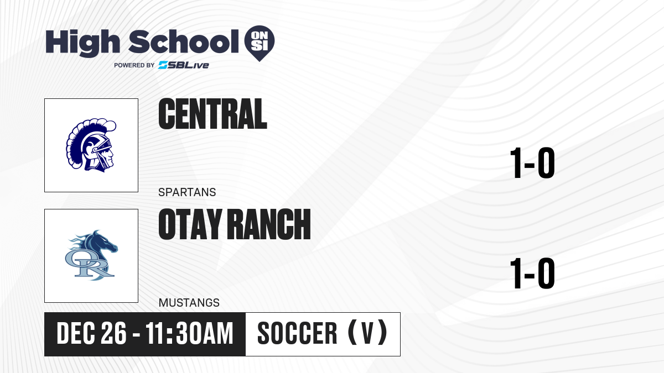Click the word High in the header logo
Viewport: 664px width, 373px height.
tap(82, 43)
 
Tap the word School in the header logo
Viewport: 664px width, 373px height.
tap(184, 41)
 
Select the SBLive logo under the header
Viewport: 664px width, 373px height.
tap(183, 65)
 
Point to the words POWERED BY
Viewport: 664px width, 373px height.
tap(134, 65)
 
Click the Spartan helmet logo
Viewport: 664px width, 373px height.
tap(91, 145)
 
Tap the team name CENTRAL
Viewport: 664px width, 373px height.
tap(212, 114)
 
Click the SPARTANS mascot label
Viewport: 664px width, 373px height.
tap(187, 192)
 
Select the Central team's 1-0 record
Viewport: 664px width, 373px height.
tap(532, 163)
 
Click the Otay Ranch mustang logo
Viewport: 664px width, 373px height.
tap(91, 255)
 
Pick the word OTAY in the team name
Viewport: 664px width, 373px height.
tap(190, 224)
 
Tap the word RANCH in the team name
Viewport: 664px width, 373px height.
tap(270, 224)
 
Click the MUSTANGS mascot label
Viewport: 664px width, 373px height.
tap(189, 303)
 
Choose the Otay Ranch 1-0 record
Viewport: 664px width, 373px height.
tap(532, 273)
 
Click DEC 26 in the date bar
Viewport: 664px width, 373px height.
tap(92, 333)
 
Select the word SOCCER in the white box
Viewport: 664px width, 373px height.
tap(297, 333)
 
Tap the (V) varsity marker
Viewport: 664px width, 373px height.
tap(367, 333)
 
